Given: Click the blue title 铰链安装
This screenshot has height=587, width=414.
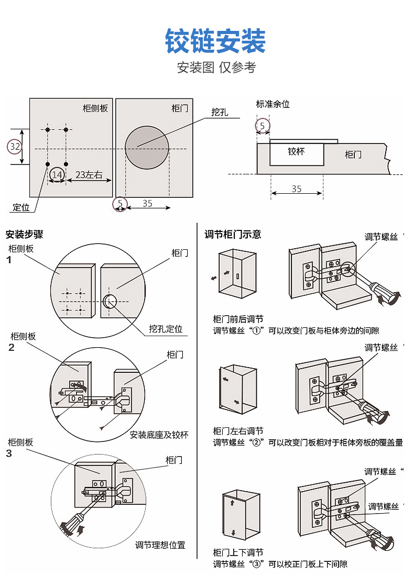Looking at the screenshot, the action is tap(215, 41).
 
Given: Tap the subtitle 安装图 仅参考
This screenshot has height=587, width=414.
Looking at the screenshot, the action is tap(216, 68).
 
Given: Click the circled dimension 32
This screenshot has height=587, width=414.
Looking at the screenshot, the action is tap(15, 147).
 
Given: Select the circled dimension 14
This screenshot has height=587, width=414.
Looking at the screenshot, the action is tap(57, 174).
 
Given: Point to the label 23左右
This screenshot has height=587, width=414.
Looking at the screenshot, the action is tap(89, 174).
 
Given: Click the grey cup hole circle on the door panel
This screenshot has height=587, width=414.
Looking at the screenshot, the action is tap(147, 145).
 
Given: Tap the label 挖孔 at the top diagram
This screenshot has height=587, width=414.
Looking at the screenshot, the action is tap(220, 112).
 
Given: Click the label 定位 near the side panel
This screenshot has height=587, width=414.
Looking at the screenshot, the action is tap(21, 207).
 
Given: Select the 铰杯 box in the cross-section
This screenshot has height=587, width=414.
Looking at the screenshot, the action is tap(297, 154).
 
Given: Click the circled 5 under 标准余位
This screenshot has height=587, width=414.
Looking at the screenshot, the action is tap(262, 126).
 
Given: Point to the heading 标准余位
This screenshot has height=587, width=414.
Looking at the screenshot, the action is tap(273, 104).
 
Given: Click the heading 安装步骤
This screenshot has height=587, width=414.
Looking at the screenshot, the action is tap(24, 235).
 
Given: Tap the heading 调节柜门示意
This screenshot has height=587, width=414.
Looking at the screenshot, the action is tap(233, 235).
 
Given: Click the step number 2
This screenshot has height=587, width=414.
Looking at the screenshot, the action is tap(11, 347).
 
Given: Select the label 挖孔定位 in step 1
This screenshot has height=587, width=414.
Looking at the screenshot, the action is tap(166, 329).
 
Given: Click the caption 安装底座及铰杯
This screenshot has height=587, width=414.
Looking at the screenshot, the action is tap(159, 435).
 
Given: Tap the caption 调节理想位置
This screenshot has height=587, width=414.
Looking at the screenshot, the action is tap(160, 545).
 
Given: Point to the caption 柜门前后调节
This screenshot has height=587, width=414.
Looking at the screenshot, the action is tap(238, 319).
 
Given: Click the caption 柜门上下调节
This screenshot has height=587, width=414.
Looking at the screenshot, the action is tap(238, 552).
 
